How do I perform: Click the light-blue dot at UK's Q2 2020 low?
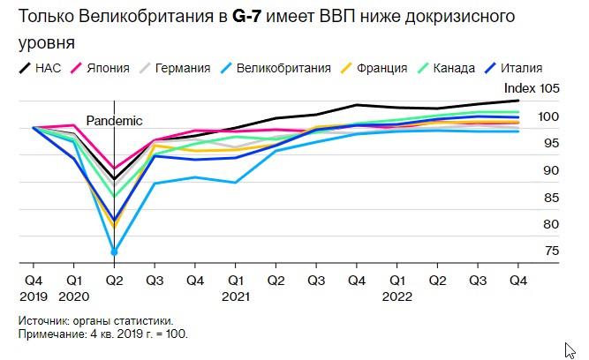pos(114,251)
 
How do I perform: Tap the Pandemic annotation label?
pos(114,121)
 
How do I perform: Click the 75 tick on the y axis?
pos(527,251)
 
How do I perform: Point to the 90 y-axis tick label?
pos(527,170)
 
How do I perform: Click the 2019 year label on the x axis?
pos(34,296)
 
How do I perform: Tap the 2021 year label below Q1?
pos(234,296)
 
